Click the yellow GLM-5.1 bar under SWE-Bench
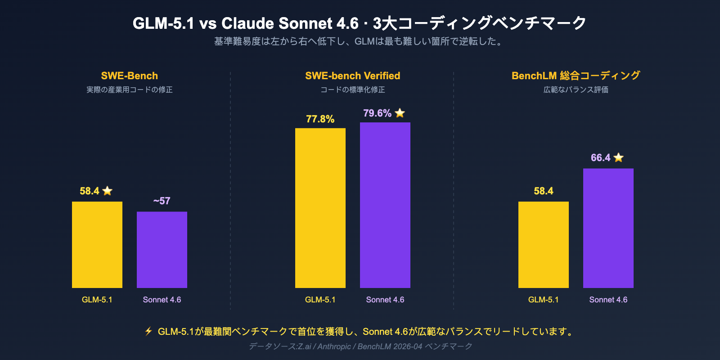(x=97, y=245)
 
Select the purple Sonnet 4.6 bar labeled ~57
(x=162, y=250)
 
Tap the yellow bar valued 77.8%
(x=320, y=208)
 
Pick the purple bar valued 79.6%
(x=385, y=205)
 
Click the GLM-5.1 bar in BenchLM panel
(x=544, y=245)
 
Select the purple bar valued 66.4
(x=608, y=228)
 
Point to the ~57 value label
(x=162, y=201)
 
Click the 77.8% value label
(x=320, y=119)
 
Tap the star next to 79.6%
(x=400, y=113)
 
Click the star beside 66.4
(x=619, y=157)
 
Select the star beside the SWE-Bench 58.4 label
(x=107, y=191)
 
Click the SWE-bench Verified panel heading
(x=352, y=76)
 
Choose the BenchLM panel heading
(x=576, y=76)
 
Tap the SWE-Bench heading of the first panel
(x=129, y=76)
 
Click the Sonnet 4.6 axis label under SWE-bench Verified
(x=385, y=300)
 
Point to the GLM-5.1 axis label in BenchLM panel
(x=543, y=300)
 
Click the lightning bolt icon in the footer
(x=148, y=332)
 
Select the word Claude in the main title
(x=247, y=23)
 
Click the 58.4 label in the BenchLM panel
(x=543, y=191)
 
